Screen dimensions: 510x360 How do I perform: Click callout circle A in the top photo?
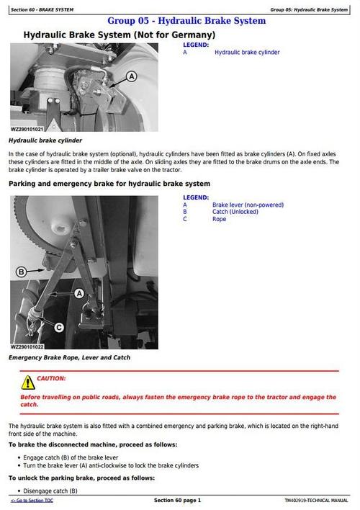pos(131,76)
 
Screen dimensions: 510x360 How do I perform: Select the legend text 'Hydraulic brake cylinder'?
pos(247,53)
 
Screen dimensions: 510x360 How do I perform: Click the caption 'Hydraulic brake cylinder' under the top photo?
pos(45,140)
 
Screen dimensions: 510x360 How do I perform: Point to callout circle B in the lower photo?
pos(21,272)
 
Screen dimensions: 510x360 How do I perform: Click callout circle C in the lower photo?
pos(58,326)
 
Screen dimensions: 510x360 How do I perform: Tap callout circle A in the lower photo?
pos(80,292)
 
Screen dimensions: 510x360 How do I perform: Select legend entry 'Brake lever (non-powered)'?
pos(248,205)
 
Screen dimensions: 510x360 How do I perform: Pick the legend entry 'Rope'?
pos(219,219)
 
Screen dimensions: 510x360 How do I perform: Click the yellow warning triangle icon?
pos(27,382)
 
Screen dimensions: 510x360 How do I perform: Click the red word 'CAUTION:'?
pos(51,378)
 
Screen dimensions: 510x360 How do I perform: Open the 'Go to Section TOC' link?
pos(32,501)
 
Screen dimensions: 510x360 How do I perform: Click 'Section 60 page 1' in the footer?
pos(177,501)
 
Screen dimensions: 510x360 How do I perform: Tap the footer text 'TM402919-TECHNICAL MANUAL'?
pos(316,501)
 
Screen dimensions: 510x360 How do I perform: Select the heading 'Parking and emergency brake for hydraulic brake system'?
pos(109,184)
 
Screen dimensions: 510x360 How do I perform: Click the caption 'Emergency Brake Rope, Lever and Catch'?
pos(69,357)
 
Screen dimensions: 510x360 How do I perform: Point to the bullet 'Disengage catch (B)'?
pos(50,491)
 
